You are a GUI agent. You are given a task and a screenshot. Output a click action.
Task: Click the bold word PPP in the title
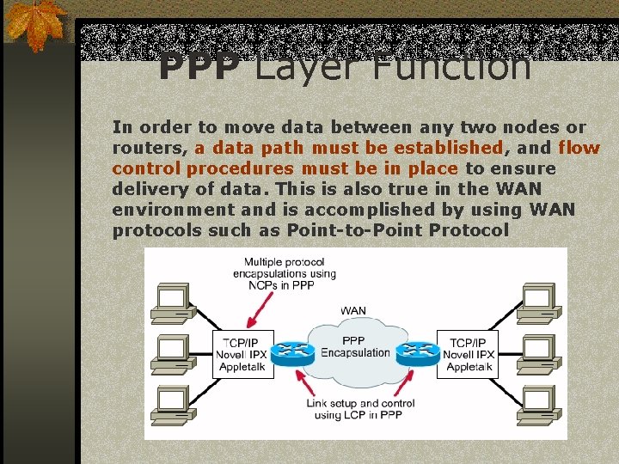click(199, 67)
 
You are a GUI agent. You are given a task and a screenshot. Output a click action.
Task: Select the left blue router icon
click(294, 351)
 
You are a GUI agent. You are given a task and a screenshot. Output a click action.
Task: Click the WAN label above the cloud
click(354, 310)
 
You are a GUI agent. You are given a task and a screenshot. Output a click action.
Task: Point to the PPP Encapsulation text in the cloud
click(355, 346)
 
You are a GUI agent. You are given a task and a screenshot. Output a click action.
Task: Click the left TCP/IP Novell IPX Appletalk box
click(243, 354)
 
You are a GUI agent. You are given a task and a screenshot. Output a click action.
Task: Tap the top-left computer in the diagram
click(172, 301)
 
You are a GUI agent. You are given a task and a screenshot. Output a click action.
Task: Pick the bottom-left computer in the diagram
click(172, 401)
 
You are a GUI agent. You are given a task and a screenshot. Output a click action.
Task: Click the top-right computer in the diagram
click(537, 301)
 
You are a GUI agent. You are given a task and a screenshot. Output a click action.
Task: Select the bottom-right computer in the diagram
click(537, 401)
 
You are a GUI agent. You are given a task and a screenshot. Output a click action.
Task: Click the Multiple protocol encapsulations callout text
click(284, 273)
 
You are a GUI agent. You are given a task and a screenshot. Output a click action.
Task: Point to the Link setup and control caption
click(360, 409)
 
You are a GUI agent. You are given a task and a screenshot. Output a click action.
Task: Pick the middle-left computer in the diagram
click(172, 351)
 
